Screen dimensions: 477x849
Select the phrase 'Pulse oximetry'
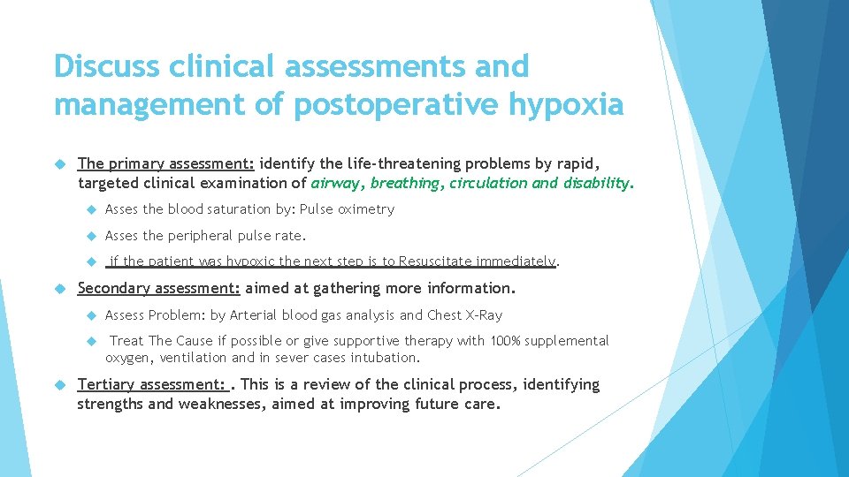[x=347, y=209]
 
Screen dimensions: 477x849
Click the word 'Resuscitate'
[x=434, y=261]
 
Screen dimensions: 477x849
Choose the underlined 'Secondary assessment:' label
[x=159, y=288]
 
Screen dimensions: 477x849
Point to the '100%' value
[x=501, y=341]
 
